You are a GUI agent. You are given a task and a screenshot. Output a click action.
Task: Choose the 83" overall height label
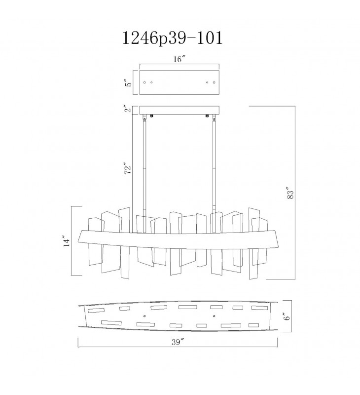click(290, 193)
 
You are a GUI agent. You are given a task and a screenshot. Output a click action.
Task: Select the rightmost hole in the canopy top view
click(214, 82)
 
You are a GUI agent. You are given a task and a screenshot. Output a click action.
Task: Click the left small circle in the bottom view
click(144, 315)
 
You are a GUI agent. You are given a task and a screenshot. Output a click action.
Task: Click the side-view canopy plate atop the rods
click(180, 110)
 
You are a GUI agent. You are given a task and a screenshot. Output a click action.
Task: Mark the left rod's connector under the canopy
click(144, 118)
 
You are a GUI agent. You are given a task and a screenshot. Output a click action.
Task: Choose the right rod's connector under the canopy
click(215, 118)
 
